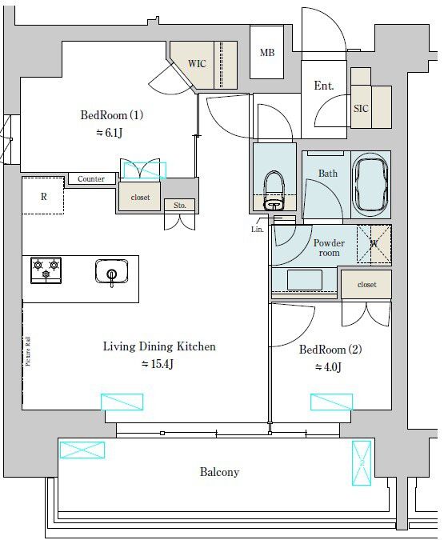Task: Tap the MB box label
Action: pyautogui.click(x=266, y=53)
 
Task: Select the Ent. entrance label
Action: pyautogui.click(x=324, y=86)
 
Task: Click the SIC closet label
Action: pyautogui.click(x=361, y=108)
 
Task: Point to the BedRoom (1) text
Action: pyautogui.click(x=112, y=114)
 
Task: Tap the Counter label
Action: pyautogui.click(x=91, y=179)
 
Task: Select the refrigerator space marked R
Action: pyautogui.click(x=43, y=197)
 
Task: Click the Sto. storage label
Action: pyautogui.click(x=180, y=206)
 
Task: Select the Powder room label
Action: pyautogui.click(x=328, y=247)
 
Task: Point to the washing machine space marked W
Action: pyautogui.click(x=374, y=244)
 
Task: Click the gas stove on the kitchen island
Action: pyautogui.click(x=46, y=270)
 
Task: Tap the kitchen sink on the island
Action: pyautogui.click(x=111, y=273)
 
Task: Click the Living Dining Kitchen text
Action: pyautogui.click(x=159, y=346)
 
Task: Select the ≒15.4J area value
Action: pyautogui.click(x=158, y=365)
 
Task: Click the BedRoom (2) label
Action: pyautogui.click(x=331, y=350)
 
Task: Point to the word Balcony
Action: pyautogui.click(x=219, y=472)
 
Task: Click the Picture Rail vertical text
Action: pyautogui.click(x=28, y=350)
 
